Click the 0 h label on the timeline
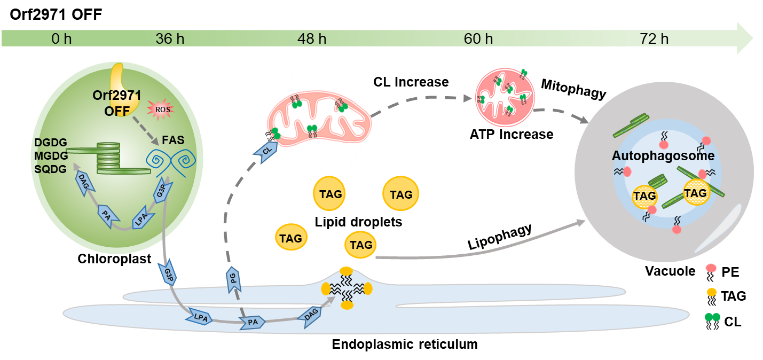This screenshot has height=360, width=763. pos(61,39)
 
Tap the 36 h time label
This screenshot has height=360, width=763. pos(170,39)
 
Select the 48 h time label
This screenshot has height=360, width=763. pos(312,39)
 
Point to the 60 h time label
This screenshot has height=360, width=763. pos(478,39)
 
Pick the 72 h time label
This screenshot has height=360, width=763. pos(654,39)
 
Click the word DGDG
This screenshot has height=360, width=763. pos(51,143)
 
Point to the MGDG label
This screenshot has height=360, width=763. pos(51,156)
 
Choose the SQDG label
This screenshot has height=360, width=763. pos(51,169)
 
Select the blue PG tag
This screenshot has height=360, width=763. pos(233,279)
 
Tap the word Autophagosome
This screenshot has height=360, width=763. pos(663,156)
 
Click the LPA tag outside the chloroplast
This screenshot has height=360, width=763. pos(200,317)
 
